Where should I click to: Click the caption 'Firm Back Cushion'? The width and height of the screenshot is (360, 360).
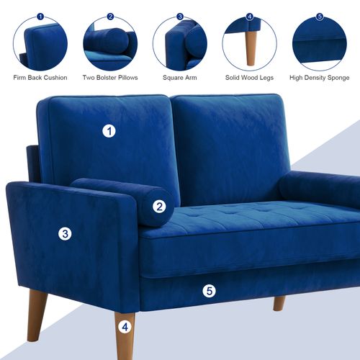40,78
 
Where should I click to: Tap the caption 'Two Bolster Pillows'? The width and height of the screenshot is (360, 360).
109,78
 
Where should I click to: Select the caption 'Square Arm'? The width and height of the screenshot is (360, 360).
179,78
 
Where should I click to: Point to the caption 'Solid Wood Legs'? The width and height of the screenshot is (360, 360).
249,78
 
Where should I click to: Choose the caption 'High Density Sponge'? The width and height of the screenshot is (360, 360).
319,78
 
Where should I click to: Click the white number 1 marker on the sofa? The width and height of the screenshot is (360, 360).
109,131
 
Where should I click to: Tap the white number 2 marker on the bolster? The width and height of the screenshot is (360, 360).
159,206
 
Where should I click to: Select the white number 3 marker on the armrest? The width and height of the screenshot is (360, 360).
66,233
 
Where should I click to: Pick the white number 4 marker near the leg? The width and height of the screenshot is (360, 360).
125,326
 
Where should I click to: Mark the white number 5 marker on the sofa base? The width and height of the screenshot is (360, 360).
209,291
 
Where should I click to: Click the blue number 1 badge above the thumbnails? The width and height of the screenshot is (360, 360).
40,16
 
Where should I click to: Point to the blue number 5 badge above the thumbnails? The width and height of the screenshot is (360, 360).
319,16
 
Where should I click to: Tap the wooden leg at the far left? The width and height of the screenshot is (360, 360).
36,314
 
